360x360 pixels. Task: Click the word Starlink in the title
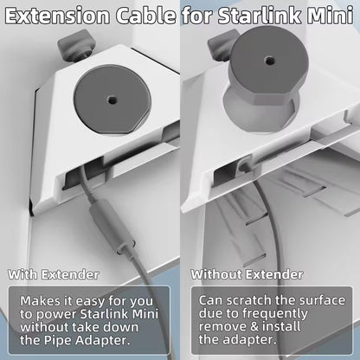tap(259, 16)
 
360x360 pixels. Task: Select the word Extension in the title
tap(58, 16)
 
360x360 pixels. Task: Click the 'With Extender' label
tap(54, 274)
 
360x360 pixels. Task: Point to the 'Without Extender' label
tap(247, 274)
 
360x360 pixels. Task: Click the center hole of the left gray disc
tap(112, 100)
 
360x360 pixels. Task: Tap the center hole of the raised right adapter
tap(270, 61)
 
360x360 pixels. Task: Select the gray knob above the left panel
tap(77, 46)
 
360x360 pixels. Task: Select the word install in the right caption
tap(281, 326)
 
